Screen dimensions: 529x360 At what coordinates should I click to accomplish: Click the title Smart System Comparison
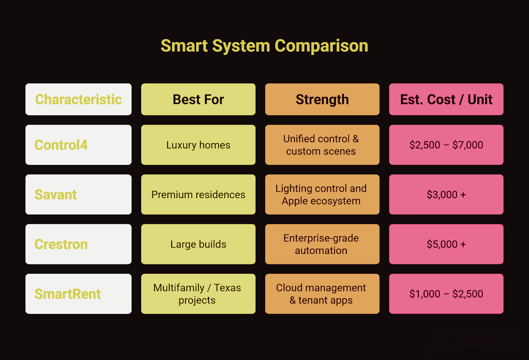click(x=264, y=46)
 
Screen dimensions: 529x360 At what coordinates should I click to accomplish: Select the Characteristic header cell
click(x=78, y=99)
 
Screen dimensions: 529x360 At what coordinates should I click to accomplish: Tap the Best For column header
click(x=198, y=99)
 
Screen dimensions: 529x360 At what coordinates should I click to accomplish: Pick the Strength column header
click(x=322, y=99)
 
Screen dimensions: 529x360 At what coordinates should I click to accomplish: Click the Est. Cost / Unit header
click(x=446, y=99)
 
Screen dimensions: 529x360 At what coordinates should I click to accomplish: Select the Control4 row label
click(x=78, y=145)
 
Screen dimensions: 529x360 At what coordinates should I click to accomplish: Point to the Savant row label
click(x=78, y=194)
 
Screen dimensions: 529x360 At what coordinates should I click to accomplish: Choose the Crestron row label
click(x=78, y=244)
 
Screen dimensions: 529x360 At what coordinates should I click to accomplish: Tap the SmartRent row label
click(x=78, y=294)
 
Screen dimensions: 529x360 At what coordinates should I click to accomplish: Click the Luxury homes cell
click(x=198, y=145)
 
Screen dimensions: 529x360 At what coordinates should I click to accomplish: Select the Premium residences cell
click(x=198, y=194)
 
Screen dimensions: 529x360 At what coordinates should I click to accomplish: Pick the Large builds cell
click(x=198, y=244)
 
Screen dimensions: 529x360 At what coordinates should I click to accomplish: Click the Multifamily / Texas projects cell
click(x=198, y=294)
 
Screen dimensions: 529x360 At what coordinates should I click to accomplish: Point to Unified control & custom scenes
click(x=322, y=145)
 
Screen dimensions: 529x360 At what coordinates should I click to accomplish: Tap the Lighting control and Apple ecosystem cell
click(x=322, y=194)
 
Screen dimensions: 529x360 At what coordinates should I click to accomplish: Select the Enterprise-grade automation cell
click(x=322, y=244)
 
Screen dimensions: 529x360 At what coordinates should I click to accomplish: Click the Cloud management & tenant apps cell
click(x=322, y=294)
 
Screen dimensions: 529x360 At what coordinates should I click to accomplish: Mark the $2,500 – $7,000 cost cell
click(x=446, y=145)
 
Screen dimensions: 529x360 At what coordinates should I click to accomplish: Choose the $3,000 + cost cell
click(x=446, y=194)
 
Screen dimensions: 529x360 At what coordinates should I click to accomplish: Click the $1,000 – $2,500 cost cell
click(x=446, y=294)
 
